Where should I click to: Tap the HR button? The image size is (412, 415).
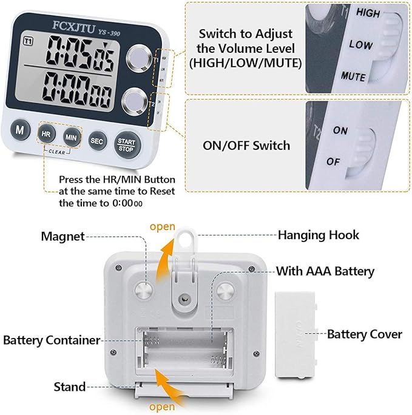[46, 134]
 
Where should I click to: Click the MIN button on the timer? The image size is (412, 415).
[71, 137]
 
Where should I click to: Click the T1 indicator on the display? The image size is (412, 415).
[27, 41]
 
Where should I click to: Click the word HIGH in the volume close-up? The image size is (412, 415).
[368, 12]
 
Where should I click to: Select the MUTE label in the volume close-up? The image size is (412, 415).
[353, 76]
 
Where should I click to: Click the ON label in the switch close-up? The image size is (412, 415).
[341, 130]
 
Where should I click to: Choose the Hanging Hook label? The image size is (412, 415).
[319, 234]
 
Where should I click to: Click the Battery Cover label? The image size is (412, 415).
[365, 334]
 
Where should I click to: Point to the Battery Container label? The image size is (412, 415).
[51, 340]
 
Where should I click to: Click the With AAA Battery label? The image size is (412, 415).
[325, 271]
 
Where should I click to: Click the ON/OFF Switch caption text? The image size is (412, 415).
[245, 146]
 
